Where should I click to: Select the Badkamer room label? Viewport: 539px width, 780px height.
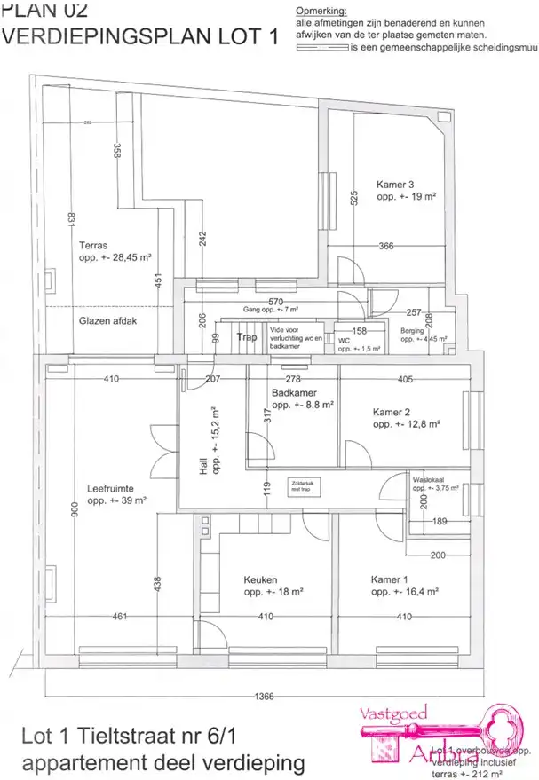[295, 392]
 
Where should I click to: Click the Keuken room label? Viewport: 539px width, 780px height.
[260, 580]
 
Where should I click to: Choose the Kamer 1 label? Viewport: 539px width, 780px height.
[390, 580]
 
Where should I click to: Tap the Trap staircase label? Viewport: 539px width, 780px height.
[247, 337]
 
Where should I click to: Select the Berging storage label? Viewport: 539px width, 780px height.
[411, 330]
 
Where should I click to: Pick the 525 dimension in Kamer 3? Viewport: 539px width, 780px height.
[353, 200]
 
